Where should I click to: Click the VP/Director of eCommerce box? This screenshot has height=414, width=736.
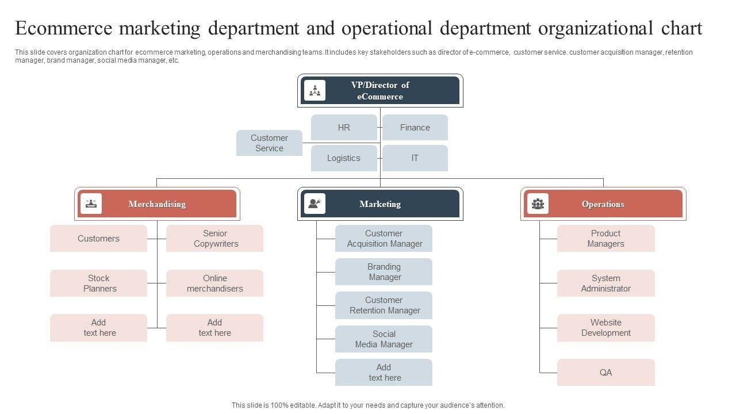pos(380,91)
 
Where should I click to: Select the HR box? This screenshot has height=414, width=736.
pos(344,128)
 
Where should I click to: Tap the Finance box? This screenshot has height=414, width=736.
pos(415,128)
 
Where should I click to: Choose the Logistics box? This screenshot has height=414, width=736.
pos(344,158)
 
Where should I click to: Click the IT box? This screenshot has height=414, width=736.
pos(415,158)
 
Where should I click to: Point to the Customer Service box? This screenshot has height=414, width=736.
pos(269,143)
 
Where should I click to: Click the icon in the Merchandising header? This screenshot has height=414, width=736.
pos(91,204)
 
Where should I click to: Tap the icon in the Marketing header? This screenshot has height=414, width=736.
pos(315,204)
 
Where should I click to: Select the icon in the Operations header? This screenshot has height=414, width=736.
pos(538,204)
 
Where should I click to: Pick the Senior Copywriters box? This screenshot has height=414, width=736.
pos(215,239)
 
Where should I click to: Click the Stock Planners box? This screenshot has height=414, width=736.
pos(99,283)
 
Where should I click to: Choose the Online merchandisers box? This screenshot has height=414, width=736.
pos(215,283)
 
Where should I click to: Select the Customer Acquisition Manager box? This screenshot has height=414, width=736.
pos(384,239)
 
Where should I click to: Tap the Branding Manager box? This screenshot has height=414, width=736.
pos(384,272)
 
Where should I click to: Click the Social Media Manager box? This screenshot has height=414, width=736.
pos(384,339)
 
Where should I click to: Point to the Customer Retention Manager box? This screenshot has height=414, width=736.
pos(384,305)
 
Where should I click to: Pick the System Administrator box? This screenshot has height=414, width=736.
pos(606,283)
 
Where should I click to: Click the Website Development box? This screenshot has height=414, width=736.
pos(606,328)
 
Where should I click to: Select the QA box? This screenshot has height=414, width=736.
pos(606,373)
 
